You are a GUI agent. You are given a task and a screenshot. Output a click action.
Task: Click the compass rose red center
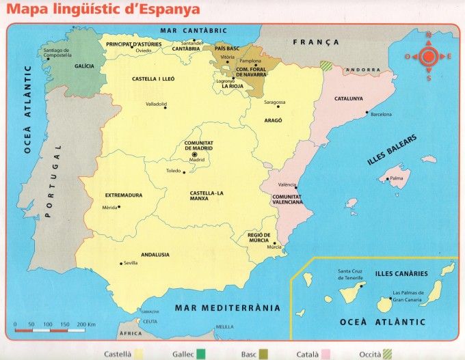coord(428,57)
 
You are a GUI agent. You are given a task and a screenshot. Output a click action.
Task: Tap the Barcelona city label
coord(381,115)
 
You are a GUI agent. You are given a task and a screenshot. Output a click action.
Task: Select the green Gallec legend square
coord(200,354)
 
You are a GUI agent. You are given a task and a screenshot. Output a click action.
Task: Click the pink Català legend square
coord(327,354)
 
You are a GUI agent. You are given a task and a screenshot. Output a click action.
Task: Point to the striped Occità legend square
coord(388,354)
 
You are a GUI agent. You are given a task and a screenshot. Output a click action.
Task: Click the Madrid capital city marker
coord(195,155)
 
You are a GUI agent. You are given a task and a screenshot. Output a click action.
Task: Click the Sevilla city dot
coord(122,263)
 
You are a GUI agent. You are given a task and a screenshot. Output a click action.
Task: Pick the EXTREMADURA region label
coord(124,195)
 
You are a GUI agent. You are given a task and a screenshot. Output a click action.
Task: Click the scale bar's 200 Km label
coord(85,323)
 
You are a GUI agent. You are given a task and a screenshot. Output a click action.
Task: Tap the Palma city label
coord(397,179)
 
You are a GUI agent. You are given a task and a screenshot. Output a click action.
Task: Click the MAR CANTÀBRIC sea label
coord(194,31)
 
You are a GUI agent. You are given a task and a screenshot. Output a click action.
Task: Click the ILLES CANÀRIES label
coord(401,273)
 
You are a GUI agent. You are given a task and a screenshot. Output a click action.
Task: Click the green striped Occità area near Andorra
coord(327,66)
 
